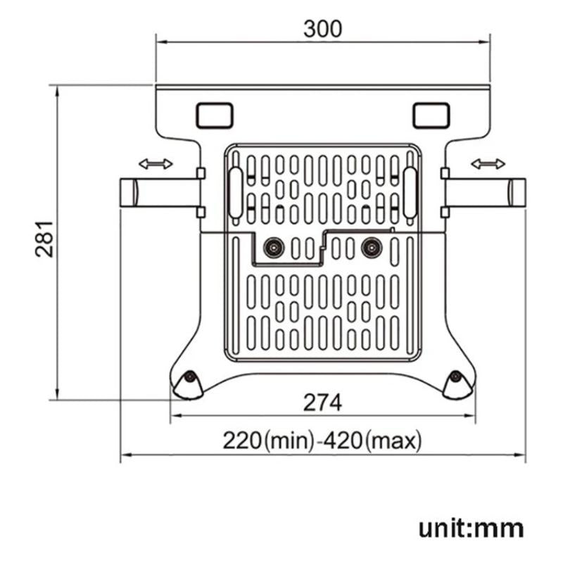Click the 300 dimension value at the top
click(x=322, y=29)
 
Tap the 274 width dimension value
click(x=322, y=403)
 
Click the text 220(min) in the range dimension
click(x=267, y=441)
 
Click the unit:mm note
click(x=471, y=528)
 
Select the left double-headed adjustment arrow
click(x=156, y=164)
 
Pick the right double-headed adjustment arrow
click(x=488, y=164)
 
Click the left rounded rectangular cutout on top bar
click(x=214, y=115)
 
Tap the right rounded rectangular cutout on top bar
click(x=431, y=115)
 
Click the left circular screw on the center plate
click(x=272, y=247)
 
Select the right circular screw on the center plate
click(x=370, y=247)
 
